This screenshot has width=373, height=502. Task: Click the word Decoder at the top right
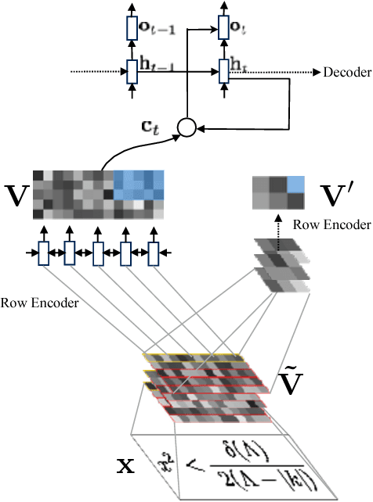coord(347,73)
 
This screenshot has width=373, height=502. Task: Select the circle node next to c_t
coord(186,125)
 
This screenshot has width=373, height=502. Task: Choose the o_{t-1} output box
coord(132,30)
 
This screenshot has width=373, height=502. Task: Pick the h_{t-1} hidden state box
coord(132,73)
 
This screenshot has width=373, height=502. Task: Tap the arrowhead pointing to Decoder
coord(316,73)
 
